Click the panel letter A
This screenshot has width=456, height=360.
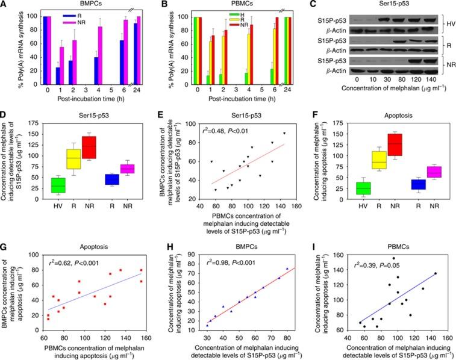(4, 5)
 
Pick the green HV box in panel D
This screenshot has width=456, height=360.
(25, 185)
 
